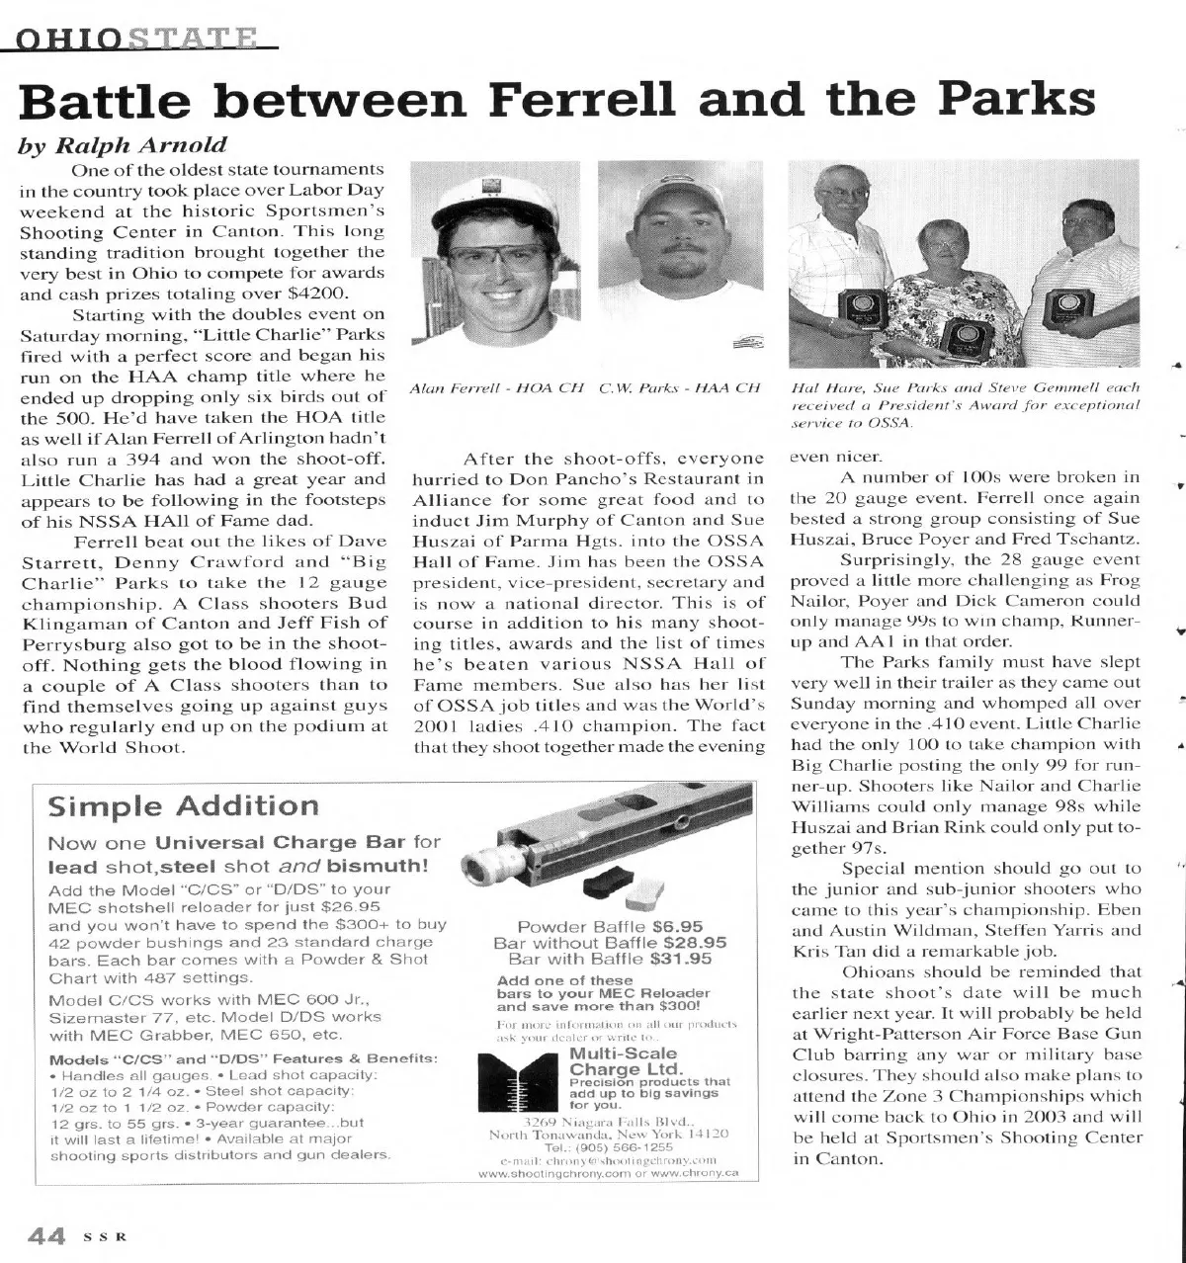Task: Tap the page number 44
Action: [45, 1235]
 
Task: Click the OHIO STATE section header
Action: [138, 41]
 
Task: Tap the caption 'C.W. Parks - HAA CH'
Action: [679, 388]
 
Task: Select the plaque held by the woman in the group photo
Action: [960, 336]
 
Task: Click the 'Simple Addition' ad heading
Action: [184, 804]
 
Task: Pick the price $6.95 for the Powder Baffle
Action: [678, 926]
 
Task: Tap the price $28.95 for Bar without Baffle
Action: [696, 942]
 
